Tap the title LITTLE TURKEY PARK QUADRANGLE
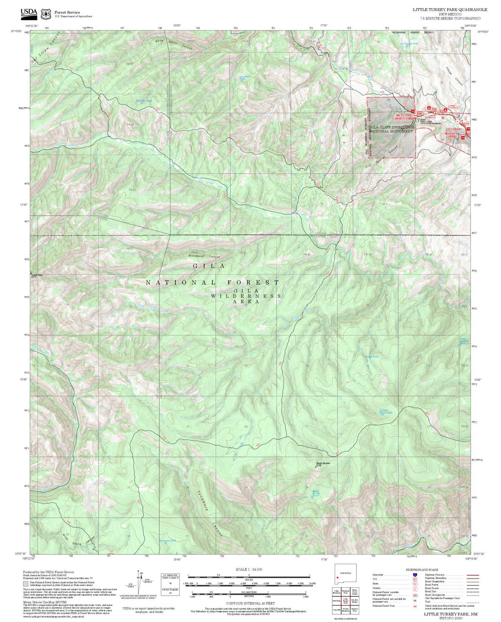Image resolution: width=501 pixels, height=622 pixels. (x=450, y=10)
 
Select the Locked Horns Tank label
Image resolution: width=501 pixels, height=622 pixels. (x=386, y=412)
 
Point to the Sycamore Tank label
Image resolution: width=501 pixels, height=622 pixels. (x=168, y=540)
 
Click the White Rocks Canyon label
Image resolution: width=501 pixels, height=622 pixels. (x=174, y=45)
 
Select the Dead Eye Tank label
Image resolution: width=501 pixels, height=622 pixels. (x=144, y=100)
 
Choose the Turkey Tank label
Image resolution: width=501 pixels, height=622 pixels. (x=372, y=357)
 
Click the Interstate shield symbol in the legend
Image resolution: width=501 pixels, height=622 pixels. (x=415, y=575)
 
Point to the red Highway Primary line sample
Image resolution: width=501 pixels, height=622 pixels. (x=471, y=575)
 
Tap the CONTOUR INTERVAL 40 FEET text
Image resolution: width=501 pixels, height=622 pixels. (x=251, y=603)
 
